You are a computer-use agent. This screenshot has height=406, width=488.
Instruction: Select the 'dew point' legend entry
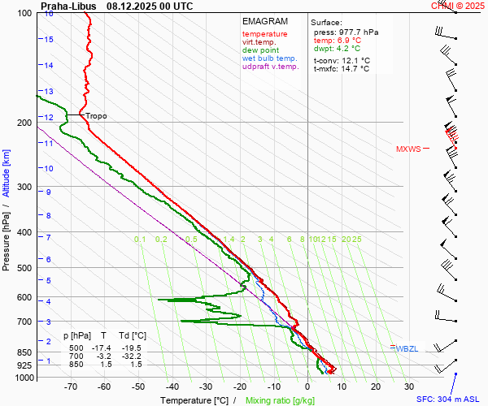click(260, 50)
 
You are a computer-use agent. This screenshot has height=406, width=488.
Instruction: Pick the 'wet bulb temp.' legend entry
click(270, 58)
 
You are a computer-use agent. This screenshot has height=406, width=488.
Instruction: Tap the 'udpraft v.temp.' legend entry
click(272, 67)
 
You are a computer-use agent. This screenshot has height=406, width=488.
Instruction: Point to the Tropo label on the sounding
click(96, 116)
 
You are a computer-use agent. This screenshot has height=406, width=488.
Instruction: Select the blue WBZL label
click(407, 348)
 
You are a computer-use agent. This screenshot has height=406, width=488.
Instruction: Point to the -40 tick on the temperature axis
click(172, 387)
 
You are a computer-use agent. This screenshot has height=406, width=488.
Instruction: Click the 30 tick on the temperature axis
click(409, 387)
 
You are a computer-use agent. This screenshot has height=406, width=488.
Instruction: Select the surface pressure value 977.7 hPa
click(358, 32)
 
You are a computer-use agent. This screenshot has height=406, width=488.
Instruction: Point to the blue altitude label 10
click(48, 168)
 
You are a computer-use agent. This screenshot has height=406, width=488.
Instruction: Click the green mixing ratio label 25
click(356, 239)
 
